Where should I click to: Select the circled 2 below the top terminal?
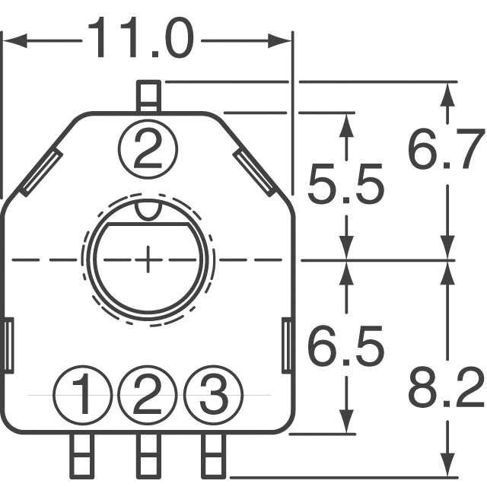(x=148, y=148)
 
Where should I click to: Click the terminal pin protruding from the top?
(x=148, y=97)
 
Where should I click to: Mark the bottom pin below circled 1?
(x=82, y=454)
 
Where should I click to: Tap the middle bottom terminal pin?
(x=148, y=454)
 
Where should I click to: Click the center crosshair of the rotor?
(x=148, y=259)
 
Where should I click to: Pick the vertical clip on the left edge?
(x=8, y=347)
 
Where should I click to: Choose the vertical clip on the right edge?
(x=288, y=347)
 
